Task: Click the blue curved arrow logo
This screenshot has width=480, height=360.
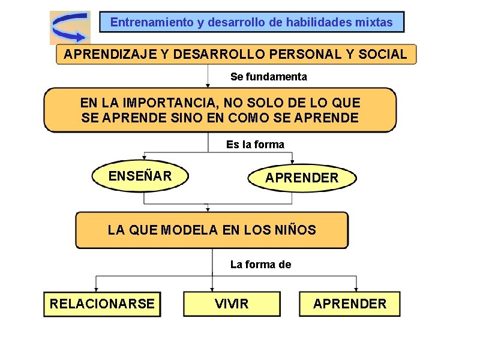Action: tap(70, 27)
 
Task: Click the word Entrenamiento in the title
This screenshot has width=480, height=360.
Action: tap(152, 23)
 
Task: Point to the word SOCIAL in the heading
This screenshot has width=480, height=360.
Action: tap(382, 54)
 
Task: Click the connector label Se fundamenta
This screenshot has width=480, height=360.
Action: tap(269, 77)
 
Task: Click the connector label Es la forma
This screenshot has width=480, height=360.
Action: tap(255, 145)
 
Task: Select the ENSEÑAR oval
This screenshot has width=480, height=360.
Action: tap(140, 176)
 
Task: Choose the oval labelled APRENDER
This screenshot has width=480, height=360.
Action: tap(302, 178)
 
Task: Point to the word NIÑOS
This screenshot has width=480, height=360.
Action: tap(292, 230)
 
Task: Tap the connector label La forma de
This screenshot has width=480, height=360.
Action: tap(261, 265)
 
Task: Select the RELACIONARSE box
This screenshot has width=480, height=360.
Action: tap(102, 304)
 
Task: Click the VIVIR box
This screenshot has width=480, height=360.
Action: tap(232, 304)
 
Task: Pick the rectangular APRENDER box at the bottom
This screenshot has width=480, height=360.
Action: tap(350, 304)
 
